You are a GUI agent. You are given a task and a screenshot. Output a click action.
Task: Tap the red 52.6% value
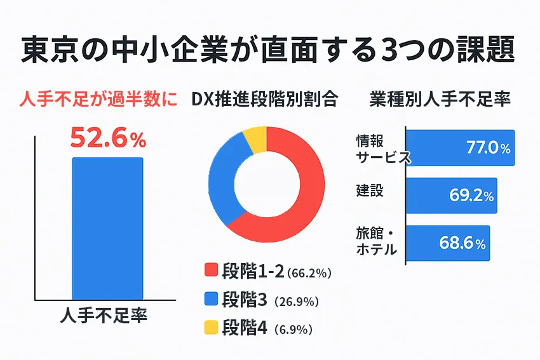click(x=107, y=138)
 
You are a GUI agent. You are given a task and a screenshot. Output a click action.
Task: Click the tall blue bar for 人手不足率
click(x=107, y=229)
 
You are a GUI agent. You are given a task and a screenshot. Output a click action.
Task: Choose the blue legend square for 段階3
click(x=211, y=299)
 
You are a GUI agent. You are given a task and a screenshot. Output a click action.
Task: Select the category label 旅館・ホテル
click(x=376, y=242)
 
